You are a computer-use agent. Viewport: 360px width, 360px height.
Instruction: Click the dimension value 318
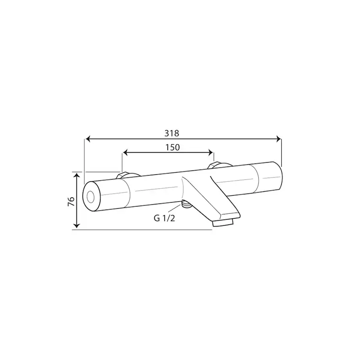[x=172, y=133]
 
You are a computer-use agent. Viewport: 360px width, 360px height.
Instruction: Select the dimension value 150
[x=172, y=147]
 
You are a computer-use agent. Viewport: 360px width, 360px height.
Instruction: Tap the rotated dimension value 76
[x=71, y=200]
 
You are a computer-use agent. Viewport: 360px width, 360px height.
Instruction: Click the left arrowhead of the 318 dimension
[x=87, y=139]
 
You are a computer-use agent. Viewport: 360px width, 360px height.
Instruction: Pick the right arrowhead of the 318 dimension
[x=279, y=139]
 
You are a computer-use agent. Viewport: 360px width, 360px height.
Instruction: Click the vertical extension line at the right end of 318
[x=281, y=152]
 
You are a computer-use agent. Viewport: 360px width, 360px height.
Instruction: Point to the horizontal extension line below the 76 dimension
[x=143, y=229]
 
